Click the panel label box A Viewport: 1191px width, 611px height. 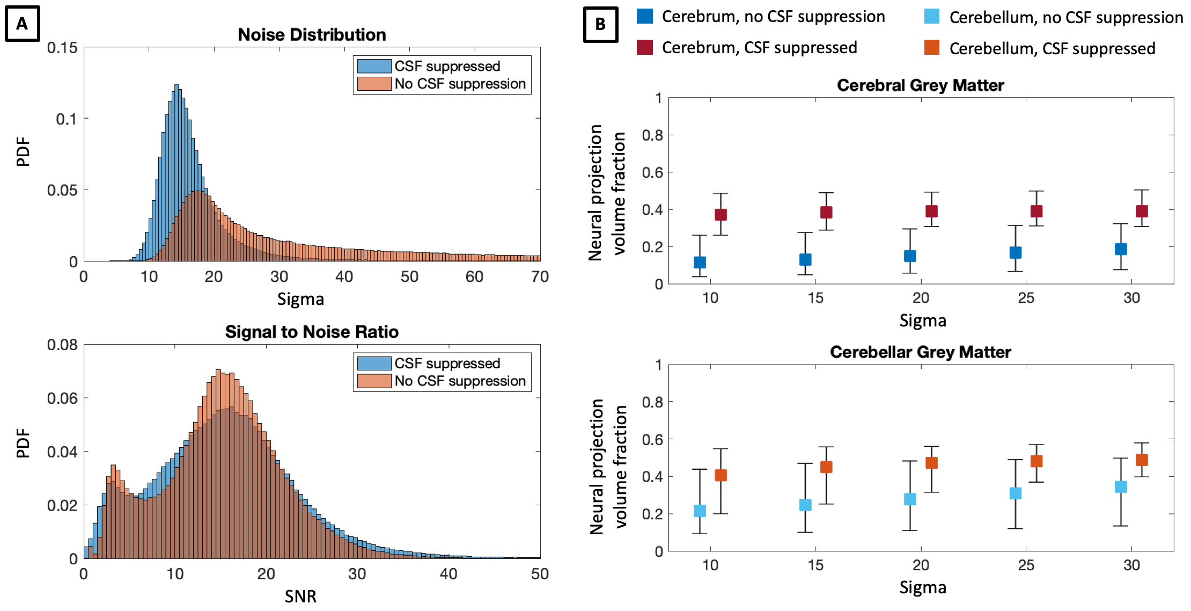click(x=22, y=24)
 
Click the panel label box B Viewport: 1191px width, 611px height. click(x=600, y=24)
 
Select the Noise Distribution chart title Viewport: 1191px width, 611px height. click(x=312, y=35)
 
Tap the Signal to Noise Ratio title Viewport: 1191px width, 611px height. click(x=312, y=332)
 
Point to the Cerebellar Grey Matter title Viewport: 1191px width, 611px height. click(x=920, y=352)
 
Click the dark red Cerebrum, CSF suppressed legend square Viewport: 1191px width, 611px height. click(x=645, y=47)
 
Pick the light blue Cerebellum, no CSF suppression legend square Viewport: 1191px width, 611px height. click(x=932, y=17)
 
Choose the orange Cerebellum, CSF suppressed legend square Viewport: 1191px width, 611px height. click(x=932, y=48)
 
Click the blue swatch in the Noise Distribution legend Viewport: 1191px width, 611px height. click(x=374, y=66)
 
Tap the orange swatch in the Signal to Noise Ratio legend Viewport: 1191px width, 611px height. click(x=374, y=381)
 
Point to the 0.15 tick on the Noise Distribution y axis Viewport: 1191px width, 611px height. click(x=62, y=48)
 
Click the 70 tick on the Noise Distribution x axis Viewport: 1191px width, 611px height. click(x=540, y=277)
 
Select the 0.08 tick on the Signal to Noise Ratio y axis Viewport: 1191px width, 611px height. click(x=62, y=345)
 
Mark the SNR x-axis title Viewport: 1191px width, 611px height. click(x=300, y=596)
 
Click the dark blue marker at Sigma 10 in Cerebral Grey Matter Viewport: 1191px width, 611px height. click(x=700, y=263)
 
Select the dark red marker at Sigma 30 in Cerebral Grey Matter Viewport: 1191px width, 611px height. click(x=1142, y=211)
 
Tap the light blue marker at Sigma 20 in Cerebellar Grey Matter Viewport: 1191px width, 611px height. click(x=910, y=499)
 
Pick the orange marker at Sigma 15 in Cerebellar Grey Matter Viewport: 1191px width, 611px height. click(x=826, y=467)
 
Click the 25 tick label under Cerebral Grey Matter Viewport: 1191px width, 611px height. click(x=1026, y=298)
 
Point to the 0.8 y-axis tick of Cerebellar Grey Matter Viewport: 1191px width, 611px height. click(x=652, y=402)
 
